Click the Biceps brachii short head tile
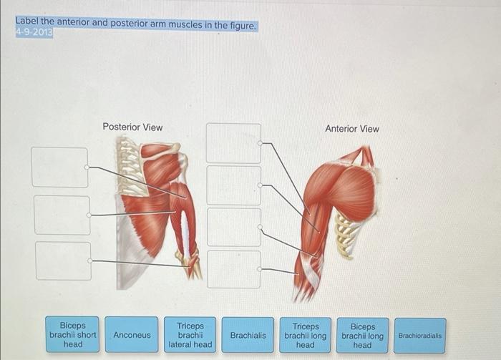(x=73, y=335)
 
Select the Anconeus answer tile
(x=132, y=335)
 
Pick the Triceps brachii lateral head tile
(x=190, y=335)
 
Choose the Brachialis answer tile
(x=248, y=335)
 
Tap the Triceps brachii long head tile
(x=305, y=335)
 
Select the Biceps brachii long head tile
(x=362, y=335)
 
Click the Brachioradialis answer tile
(x=419, y=335)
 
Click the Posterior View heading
(x=132, y=127)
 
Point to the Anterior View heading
(x=352, y=129)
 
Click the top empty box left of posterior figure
(x=59, y=167)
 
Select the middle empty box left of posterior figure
(x=62, y=215)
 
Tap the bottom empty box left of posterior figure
(x=63, y=261)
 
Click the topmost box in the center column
(x=234, y=143)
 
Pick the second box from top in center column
(x=234, y=185)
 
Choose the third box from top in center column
(x=234, y=227)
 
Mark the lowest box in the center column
(x=234, y=269)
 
